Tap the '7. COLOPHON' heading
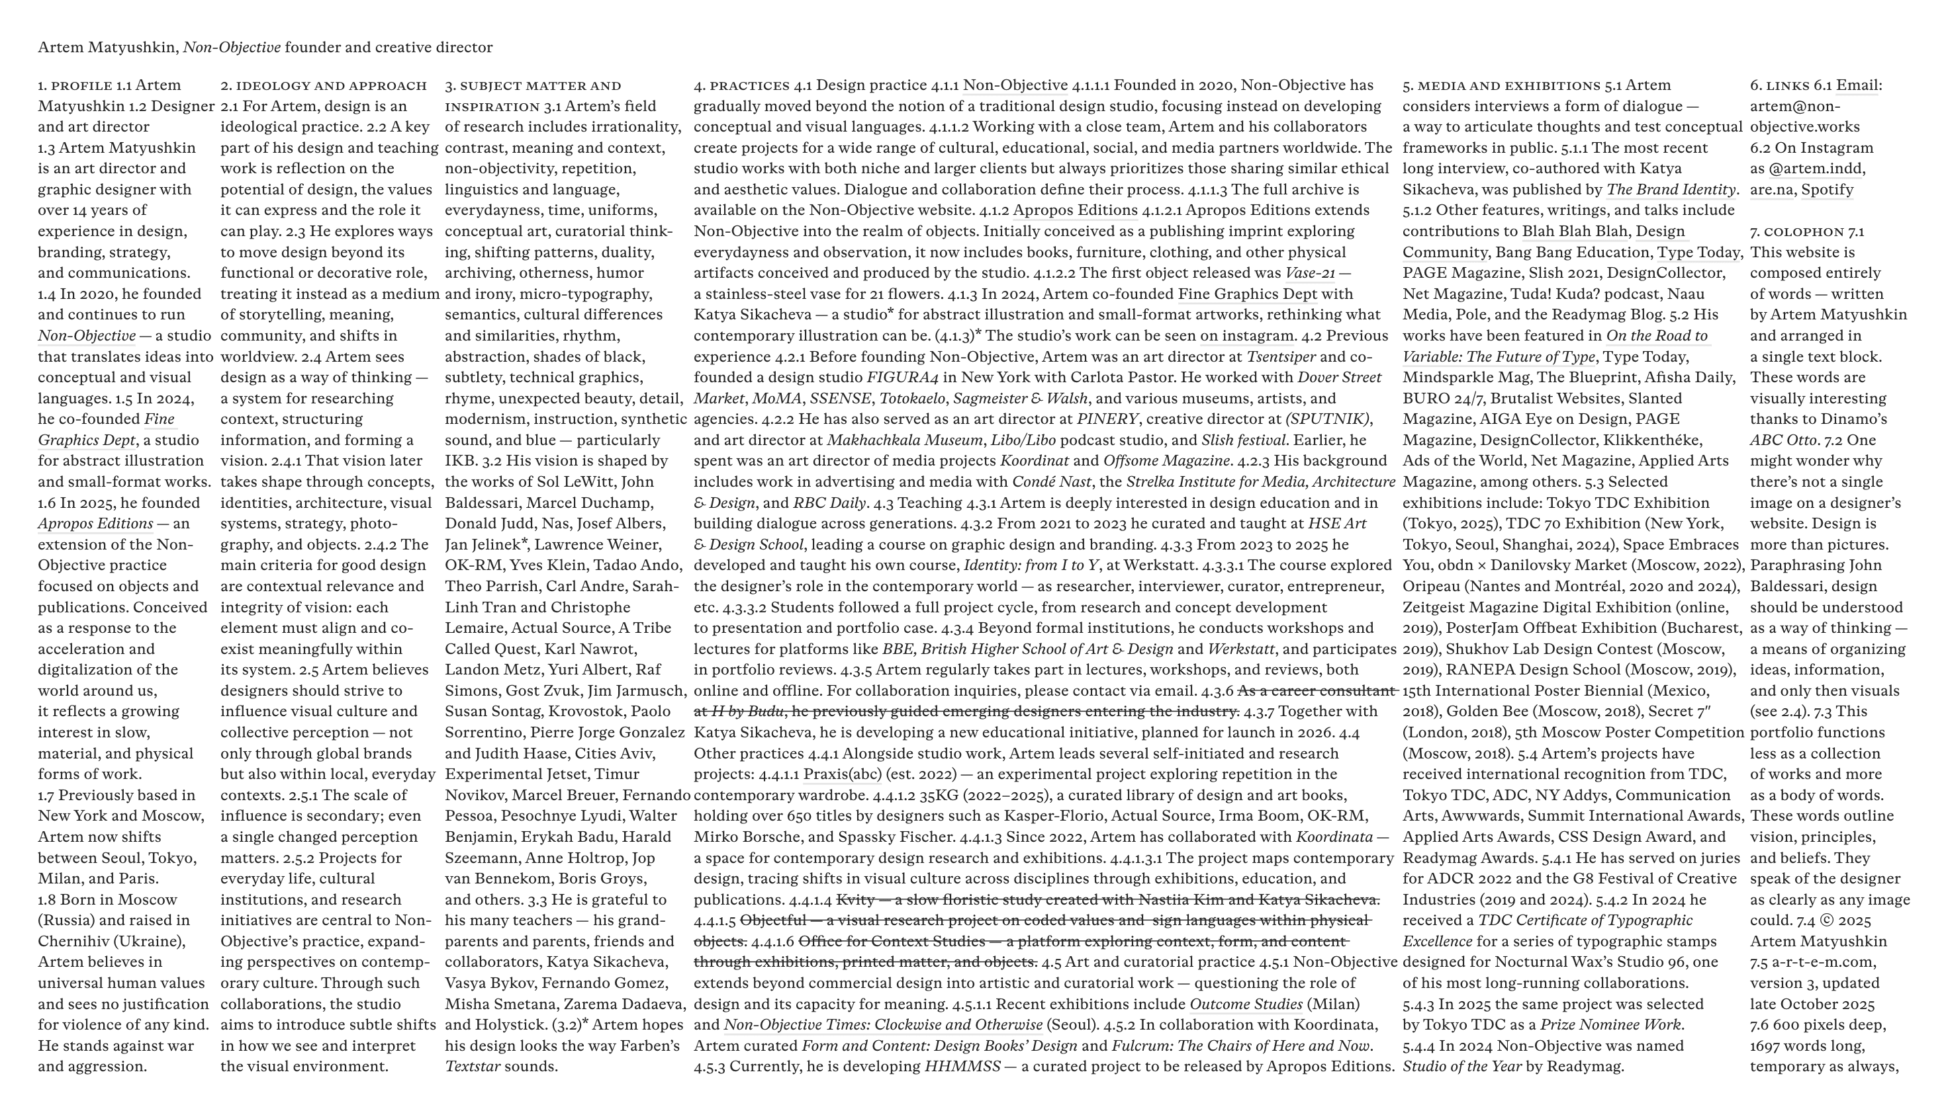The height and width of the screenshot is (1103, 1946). (x=1796, y=232)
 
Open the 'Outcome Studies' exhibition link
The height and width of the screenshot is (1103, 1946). (x=1246, y=1004)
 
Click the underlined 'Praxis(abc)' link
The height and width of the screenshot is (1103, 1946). (x=831, y=774)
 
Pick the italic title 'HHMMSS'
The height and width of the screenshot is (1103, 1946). (x=961, y=1067)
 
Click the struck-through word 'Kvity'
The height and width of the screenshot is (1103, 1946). (x=855, y=900)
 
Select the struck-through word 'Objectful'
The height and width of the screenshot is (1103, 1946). (x=772, y=920)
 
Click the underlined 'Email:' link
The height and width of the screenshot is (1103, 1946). (x=1858, y=85)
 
